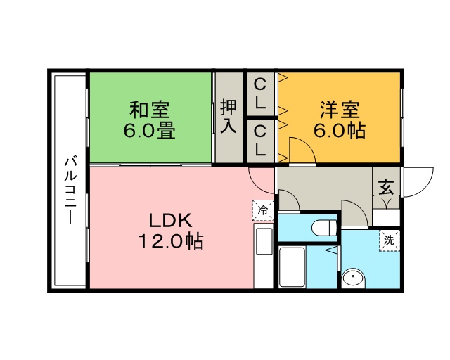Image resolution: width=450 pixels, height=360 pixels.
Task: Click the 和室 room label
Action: coord(150,110)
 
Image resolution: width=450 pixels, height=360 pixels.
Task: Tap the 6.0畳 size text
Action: coord(150,131)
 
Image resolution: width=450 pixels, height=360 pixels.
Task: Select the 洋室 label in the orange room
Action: coord(340,110)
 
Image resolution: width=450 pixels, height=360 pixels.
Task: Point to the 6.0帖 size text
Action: coord(340,131)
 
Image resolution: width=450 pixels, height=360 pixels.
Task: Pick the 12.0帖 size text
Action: coord(169,241)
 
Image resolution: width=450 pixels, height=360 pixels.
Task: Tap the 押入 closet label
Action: coord(229,117)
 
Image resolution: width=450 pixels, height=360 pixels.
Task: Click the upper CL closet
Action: coord(260,94)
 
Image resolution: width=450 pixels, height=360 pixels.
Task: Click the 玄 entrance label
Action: coord(386,188)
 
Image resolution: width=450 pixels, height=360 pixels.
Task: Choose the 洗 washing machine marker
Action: coord(389,240)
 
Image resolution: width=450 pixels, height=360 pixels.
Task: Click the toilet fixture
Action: coord(323,228)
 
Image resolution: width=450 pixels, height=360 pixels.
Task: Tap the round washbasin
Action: coord(353,279)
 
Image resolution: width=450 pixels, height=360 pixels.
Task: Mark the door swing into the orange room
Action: coord(300,150)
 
